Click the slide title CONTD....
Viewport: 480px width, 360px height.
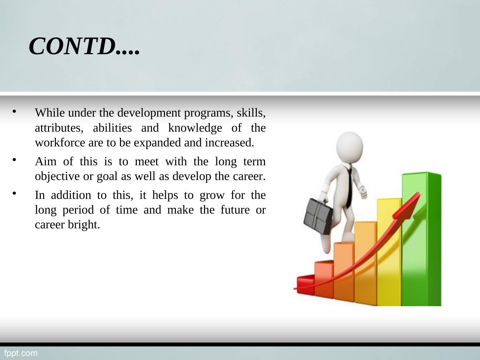tap(84, 46)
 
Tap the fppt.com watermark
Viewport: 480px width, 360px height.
tap(21, 353)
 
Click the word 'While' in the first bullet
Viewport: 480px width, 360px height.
tap(50, 113)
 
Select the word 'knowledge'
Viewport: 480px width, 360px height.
tap(195, 128)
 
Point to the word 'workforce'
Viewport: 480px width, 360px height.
tap(60, 143)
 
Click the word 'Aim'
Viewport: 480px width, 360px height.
tap(46, 161)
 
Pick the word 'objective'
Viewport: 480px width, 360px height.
tap(57, 176)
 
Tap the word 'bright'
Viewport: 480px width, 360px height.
tap(84, 225)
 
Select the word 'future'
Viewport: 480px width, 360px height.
tap(235, 210)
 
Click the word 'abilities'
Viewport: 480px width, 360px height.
tap(112, 128)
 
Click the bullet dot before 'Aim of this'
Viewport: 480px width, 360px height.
tap(14, 160)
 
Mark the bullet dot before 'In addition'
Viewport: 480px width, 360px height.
tap(14, 193)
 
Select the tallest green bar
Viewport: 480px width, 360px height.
tap(421, 239)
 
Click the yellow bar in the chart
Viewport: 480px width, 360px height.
tap(389, 252)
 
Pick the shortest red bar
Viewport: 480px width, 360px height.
tap(305, 285)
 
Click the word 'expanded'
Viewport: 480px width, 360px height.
tap(157, 143)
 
